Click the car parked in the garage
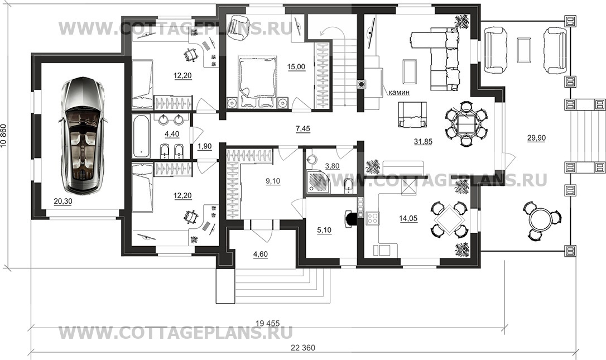pyautogui.click(x=83, y=135)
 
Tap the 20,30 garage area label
pyautogui.click(x=62, y=201)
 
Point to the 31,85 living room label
pyautogui.click(x=423, y=142)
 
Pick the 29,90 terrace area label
pyautogui.click(x=536, y=138)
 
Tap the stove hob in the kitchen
pyautogui.click(x=373, y=218)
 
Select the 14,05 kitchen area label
pyautogui.click(x=408, y=218)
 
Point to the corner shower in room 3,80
pyautogui.click(x=318, y=183)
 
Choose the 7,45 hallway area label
pyautogui.click(x=303, y=129)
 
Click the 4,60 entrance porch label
pyautogui.click(x=261, y=255)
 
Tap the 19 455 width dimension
pyautogui.click(x=267, y=323)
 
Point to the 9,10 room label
pyautogui.click(x=273, y=181)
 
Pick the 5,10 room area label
pyautogui.click(x=324, y=231)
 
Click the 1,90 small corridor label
pyautogui.click(x=205, y=146)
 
